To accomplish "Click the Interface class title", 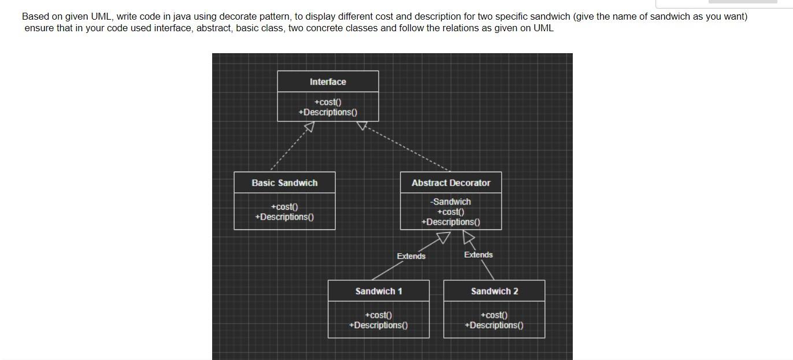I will pyautogui.click(x=328, y=82).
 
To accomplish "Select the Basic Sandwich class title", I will pyautogui.click(x=284, y=183).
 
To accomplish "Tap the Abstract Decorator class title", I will pyautogui.click(x=451, y=183).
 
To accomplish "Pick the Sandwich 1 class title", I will pyautogui.click(x=379, y=291).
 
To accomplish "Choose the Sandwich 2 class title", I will pyautogui.click(x=494, y=291).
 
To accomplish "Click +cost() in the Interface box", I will pyautogui.click(x=328, y=102).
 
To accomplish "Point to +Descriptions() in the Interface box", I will pyautogui.click(x=328, y=112).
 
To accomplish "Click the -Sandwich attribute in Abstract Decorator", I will pyautogui.click(x=450, y=202).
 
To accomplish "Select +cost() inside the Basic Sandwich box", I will pyautogui.click(x=284, y=207).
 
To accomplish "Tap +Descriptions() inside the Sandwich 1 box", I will pyautogui.click(x=379, y=325).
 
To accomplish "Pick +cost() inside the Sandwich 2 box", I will pyautogui.click(x=494, y=316).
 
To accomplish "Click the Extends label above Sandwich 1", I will pyautogui.click(x=411, y=256).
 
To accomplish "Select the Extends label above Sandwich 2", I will pyautogui.click(x=478, y=255).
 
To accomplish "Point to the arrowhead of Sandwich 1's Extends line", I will pyautogui.click(x=443, y=237).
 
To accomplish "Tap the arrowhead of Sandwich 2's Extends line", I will pyautogui.click(x=469, y=237).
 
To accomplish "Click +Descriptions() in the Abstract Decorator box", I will pyautogui.click(x=450, y=222).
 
